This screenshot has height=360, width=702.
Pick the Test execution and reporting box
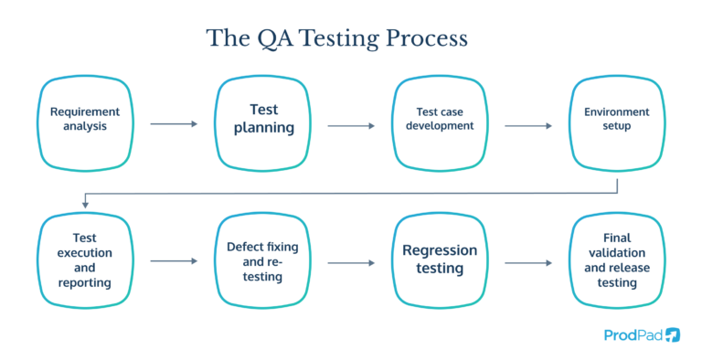point(85,261)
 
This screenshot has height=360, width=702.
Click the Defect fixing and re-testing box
point(263,261)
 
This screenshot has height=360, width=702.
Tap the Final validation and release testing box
point(617,261)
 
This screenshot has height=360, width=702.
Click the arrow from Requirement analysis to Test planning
point(174,123)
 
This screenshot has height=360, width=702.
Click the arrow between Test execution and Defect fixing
point(174,261)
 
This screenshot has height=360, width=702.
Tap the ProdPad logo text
point(633,334)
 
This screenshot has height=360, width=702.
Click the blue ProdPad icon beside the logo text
point(673,334)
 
